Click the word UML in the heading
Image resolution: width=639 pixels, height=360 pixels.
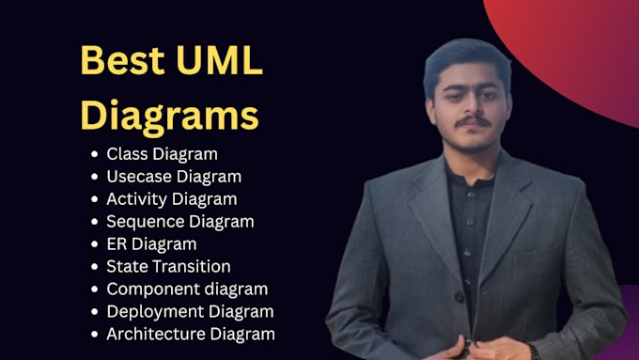220,60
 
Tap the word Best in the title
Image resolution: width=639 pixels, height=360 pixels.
123,60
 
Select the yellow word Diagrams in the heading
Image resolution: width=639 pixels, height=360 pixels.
169,116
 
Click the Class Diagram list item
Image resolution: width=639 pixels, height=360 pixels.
163,154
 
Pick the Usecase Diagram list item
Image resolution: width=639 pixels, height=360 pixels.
174,177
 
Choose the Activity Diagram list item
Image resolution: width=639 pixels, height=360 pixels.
172,199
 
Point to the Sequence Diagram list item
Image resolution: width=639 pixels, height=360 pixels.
180,222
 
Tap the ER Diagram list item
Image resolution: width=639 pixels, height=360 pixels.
151,244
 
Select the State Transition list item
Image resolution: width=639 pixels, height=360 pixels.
169,267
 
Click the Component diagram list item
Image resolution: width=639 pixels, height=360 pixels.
187,290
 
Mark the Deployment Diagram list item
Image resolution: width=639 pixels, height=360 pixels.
191,311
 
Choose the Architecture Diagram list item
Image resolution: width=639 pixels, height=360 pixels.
191,334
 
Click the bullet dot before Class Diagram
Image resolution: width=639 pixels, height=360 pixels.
95,154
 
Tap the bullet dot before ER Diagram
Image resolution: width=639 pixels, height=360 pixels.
95,244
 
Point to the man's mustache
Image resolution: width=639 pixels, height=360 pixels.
473,121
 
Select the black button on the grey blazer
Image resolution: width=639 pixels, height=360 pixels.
460,296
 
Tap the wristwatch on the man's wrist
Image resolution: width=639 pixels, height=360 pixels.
535,352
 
